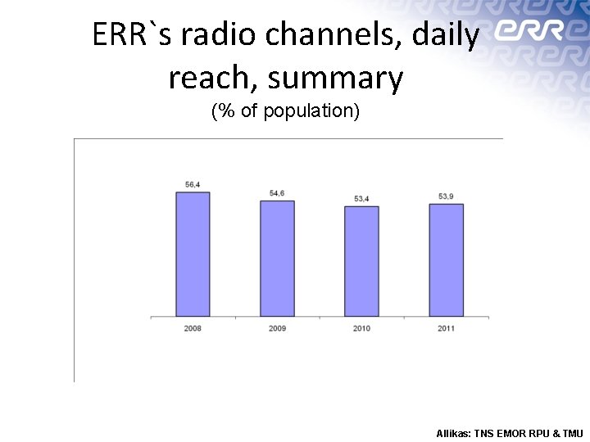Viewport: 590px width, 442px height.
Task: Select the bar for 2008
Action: [193, 254]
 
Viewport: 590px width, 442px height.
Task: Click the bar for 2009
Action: [277, 258]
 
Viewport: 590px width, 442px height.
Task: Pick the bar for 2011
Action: [446, 259]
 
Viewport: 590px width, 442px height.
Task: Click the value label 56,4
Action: [193, 185]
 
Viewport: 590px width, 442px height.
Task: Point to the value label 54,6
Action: [277, 193]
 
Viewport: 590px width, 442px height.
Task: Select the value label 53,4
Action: [361, 199]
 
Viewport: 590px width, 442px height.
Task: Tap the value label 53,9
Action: [446, 196]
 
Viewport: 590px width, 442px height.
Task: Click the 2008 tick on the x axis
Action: [193, 328]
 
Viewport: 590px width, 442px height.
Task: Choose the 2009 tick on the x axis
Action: [277, 328]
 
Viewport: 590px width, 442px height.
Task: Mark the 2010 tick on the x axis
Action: [361, 328]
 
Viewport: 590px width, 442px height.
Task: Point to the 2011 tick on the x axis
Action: [446, 328]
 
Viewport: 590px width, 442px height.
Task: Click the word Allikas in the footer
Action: [453, 433]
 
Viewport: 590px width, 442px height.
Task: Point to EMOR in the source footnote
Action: [509, 433]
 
